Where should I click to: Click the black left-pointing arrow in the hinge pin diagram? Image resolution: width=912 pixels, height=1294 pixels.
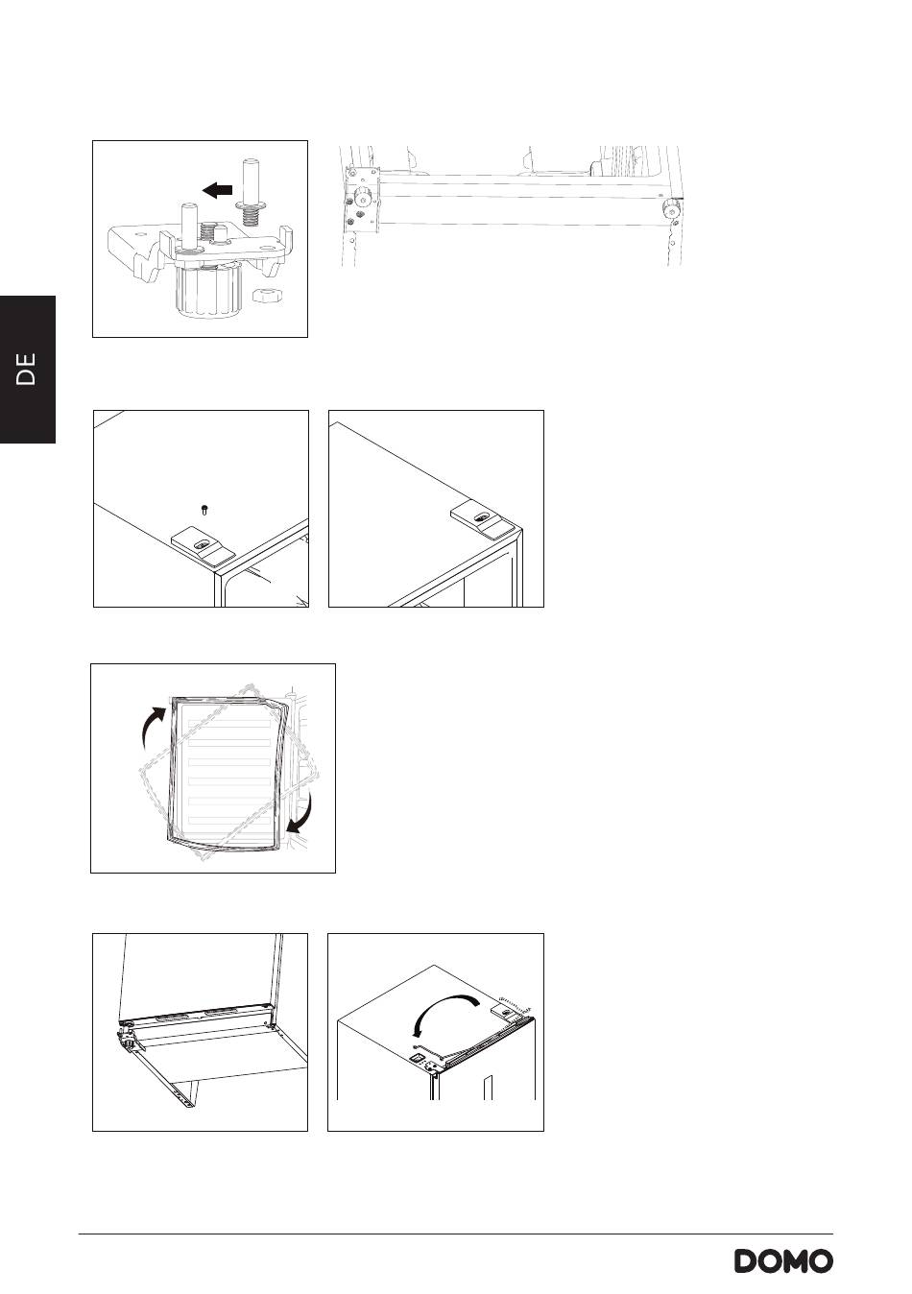click(x=218, y=189)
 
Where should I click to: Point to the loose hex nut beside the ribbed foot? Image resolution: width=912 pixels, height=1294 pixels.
click(x=268, y=296)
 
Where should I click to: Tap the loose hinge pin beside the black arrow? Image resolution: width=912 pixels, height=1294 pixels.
click(x=251, y=192)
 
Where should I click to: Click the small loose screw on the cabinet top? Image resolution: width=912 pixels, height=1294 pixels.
click(x=204, y=510)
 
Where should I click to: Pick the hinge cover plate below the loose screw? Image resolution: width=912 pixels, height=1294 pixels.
click(x=204, y=544)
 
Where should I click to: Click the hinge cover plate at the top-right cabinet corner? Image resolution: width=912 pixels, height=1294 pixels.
click(x=481, y=520)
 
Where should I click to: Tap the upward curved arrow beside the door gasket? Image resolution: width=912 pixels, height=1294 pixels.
click(x=154, y=728)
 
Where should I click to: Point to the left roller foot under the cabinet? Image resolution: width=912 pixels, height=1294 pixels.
click(x=362, y=198)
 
